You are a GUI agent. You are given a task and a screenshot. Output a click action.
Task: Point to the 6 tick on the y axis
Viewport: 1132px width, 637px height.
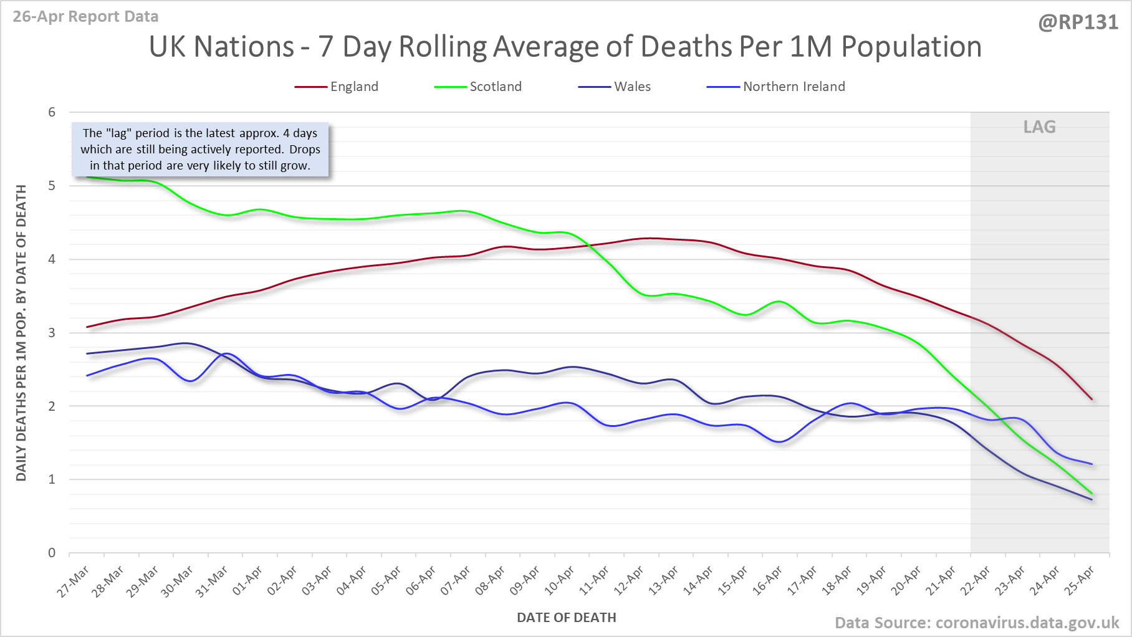pos(52,112)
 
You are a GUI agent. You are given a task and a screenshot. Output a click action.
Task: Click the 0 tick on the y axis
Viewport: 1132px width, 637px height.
pos(52,553)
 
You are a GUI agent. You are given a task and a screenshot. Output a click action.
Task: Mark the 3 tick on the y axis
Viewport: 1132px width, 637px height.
pos(52,333)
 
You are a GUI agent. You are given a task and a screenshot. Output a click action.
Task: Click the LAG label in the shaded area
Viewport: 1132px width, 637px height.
pos(1039,127)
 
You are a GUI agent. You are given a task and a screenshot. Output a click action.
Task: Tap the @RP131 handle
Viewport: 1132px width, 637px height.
pos(1078,22)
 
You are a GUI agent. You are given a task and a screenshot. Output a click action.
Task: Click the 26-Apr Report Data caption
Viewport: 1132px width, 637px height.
pos(85,17)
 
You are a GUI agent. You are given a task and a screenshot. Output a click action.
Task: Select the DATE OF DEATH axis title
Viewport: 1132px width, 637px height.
pos(566,618)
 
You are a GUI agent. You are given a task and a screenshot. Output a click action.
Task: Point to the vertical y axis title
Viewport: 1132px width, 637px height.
pos(21,333)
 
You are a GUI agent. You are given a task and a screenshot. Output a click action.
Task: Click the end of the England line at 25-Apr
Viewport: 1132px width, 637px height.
pos(1091,400)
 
